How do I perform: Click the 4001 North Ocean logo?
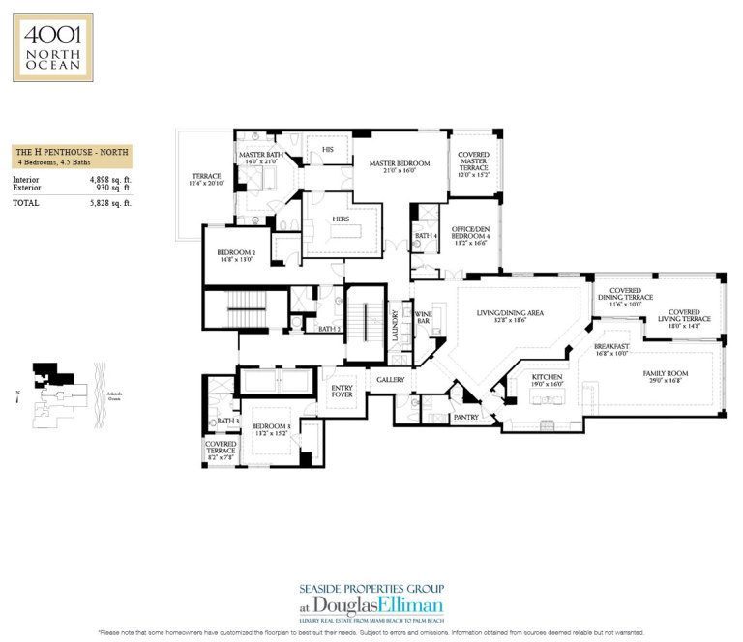(x=52, y=46)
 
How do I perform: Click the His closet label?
(x=328, y=148)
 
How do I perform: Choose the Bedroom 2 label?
(x=236, y=255)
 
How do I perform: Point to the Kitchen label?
(x=549, y=380)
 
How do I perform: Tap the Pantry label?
(x=466, y=417)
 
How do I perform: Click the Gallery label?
(x=390, y=380)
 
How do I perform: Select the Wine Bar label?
(x=423, y=317)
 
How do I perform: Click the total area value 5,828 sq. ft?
(x=111, y=203)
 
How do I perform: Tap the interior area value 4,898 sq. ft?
(x=111, y=180)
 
